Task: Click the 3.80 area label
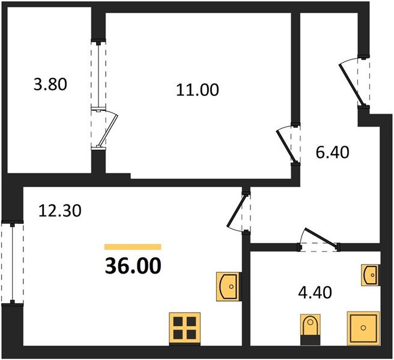click(x=50, y=84)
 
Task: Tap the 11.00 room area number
click(x=198, y=90)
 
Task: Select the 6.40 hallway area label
click(x=333, y=152)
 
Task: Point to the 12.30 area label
click(x=60, y=211)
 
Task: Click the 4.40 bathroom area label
click(x=315, y=293)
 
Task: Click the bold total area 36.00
click(x=133, y=266)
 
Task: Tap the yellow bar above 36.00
click(x=133, y=247)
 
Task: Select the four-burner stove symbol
click(x=185, y=329)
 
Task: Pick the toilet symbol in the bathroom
click(x=311, y=329)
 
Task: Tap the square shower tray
click(x=363, y=328)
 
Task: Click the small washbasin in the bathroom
click(x=370, y=275)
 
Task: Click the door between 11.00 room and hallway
click(x=288, y=144)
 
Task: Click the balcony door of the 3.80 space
click(x=105, y=129)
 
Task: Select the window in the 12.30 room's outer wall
click(x=12, y=263)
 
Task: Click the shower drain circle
click(x=363, y=328)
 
